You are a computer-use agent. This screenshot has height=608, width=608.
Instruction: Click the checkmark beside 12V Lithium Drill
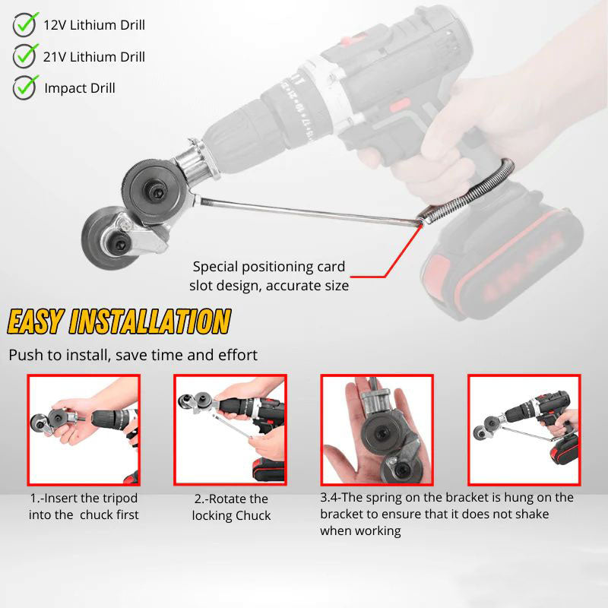click(x=25, y=24)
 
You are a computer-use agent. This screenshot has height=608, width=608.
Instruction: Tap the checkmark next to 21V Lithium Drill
click(x=25, y=55)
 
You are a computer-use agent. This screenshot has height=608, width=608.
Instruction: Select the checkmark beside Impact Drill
click(x=25, y=87)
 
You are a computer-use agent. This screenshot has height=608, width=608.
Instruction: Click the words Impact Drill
click(x=80, y=88)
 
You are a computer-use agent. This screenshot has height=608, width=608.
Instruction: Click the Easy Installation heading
click(x=119, y=321)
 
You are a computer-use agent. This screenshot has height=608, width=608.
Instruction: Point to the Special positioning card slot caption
click(x=269, y=277)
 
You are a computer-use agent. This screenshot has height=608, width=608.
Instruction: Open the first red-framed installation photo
click(x=84, y=430)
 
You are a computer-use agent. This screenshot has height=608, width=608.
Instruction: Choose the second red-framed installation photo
click(x=230, y=430)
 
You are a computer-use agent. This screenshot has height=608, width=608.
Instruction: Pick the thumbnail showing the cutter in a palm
click(x=377, y=430)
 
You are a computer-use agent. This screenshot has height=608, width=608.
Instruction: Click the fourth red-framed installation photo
click(x=524, y=430)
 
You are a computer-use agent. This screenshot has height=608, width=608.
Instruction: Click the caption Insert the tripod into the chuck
click(x=84, y=507)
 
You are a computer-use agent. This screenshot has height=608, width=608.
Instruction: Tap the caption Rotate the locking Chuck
click(x=230, y=507)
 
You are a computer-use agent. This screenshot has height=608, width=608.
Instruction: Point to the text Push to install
click(x=133, y=355)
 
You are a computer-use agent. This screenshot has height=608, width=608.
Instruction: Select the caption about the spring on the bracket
click(x=447, y=514)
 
